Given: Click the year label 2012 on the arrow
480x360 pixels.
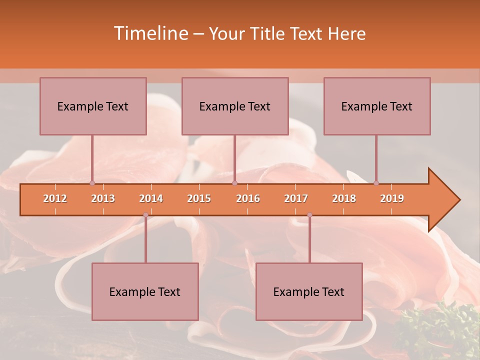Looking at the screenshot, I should (x=55, y=198).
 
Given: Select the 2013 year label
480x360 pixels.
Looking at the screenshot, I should (x=103, y=198).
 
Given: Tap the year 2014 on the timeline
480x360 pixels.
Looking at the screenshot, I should (x=151, y=198).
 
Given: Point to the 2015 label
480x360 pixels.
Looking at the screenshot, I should (x=199, y=198).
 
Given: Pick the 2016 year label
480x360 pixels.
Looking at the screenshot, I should (x=248, y=198).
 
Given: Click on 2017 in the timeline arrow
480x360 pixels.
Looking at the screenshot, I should (x=296, y=198).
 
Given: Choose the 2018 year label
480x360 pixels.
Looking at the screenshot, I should (x=344, y=198).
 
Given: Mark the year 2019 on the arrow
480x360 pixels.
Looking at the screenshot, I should (x=392, y=198).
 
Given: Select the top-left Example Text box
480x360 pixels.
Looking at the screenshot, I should (x=93, y=106).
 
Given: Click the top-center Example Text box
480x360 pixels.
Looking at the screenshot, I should (x=235, y=106).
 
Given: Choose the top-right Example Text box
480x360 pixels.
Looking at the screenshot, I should (x=377, y=106).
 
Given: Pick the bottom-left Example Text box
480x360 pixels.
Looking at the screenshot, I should (x=145, y=291).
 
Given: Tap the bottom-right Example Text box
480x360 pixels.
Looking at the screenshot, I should (x=309, y=291).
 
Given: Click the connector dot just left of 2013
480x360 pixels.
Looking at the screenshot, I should (x=92, y=183).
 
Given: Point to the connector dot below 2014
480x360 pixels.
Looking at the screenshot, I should (x=145, y=215).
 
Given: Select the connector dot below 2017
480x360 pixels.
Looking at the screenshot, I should (x=309, y=215).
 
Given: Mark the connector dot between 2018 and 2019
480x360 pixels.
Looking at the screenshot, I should (x=376, y=183).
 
